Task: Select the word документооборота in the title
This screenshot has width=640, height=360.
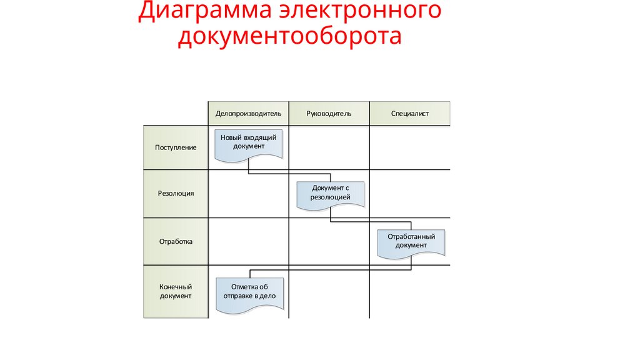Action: tap(289, 37)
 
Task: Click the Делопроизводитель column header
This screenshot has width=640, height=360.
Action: tap(248, 114)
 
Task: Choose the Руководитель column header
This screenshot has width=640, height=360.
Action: tap(329, 114)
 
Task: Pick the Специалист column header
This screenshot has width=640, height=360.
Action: tap(410, 114)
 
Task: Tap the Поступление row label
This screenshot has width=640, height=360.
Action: tap(176, 147)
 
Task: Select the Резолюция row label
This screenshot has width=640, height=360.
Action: tap(176, 194)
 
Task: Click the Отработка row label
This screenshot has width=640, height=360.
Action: tap(176, 241)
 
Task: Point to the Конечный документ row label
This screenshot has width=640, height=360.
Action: tap(176, 291)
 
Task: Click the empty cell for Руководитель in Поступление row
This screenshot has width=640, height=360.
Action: tap(329, 147)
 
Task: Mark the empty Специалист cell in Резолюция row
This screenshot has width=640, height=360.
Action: tap(409, 194)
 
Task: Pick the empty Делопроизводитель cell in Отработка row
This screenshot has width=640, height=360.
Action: tap(248, 241)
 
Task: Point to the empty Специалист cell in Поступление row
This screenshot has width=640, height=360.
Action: tap(409, 147)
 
